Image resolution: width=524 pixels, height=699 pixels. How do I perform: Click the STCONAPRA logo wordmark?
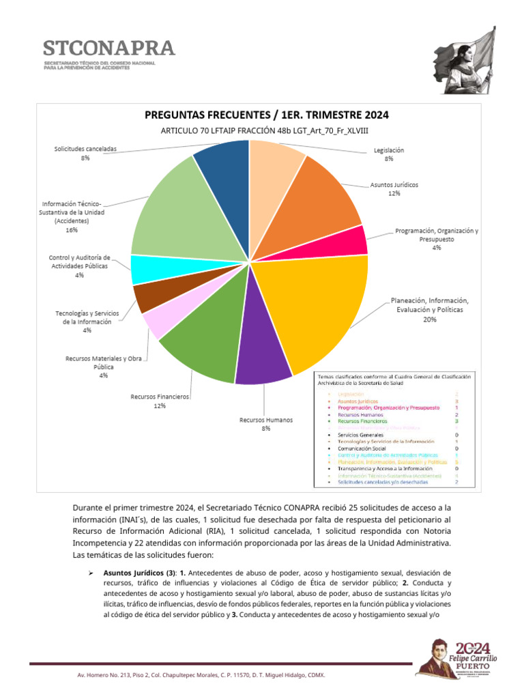[109, 48]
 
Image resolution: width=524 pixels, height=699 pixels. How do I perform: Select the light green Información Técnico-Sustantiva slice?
[171, 212]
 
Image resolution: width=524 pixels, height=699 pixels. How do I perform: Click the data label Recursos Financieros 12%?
[160, 401]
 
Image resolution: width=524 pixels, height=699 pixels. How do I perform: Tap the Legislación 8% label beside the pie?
[389, 154]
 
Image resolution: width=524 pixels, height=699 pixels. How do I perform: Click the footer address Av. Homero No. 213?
[201, 675]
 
